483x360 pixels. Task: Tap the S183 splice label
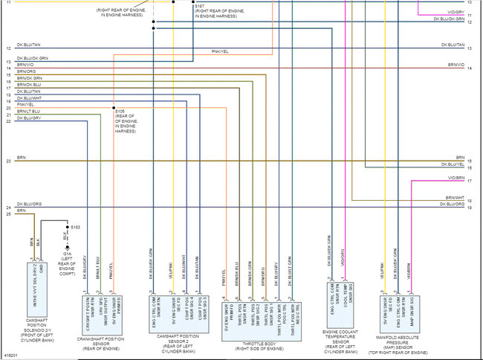[76, 225]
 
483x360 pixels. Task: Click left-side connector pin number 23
[7, 161]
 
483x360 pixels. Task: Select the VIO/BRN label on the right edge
[456, 179]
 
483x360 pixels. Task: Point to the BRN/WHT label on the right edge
[456, 199]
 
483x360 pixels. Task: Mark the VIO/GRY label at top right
[456, 13]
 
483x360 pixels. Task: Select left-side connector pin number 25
[7, 214]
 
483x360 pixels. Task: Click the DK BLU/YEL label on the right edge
[453, 164]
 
